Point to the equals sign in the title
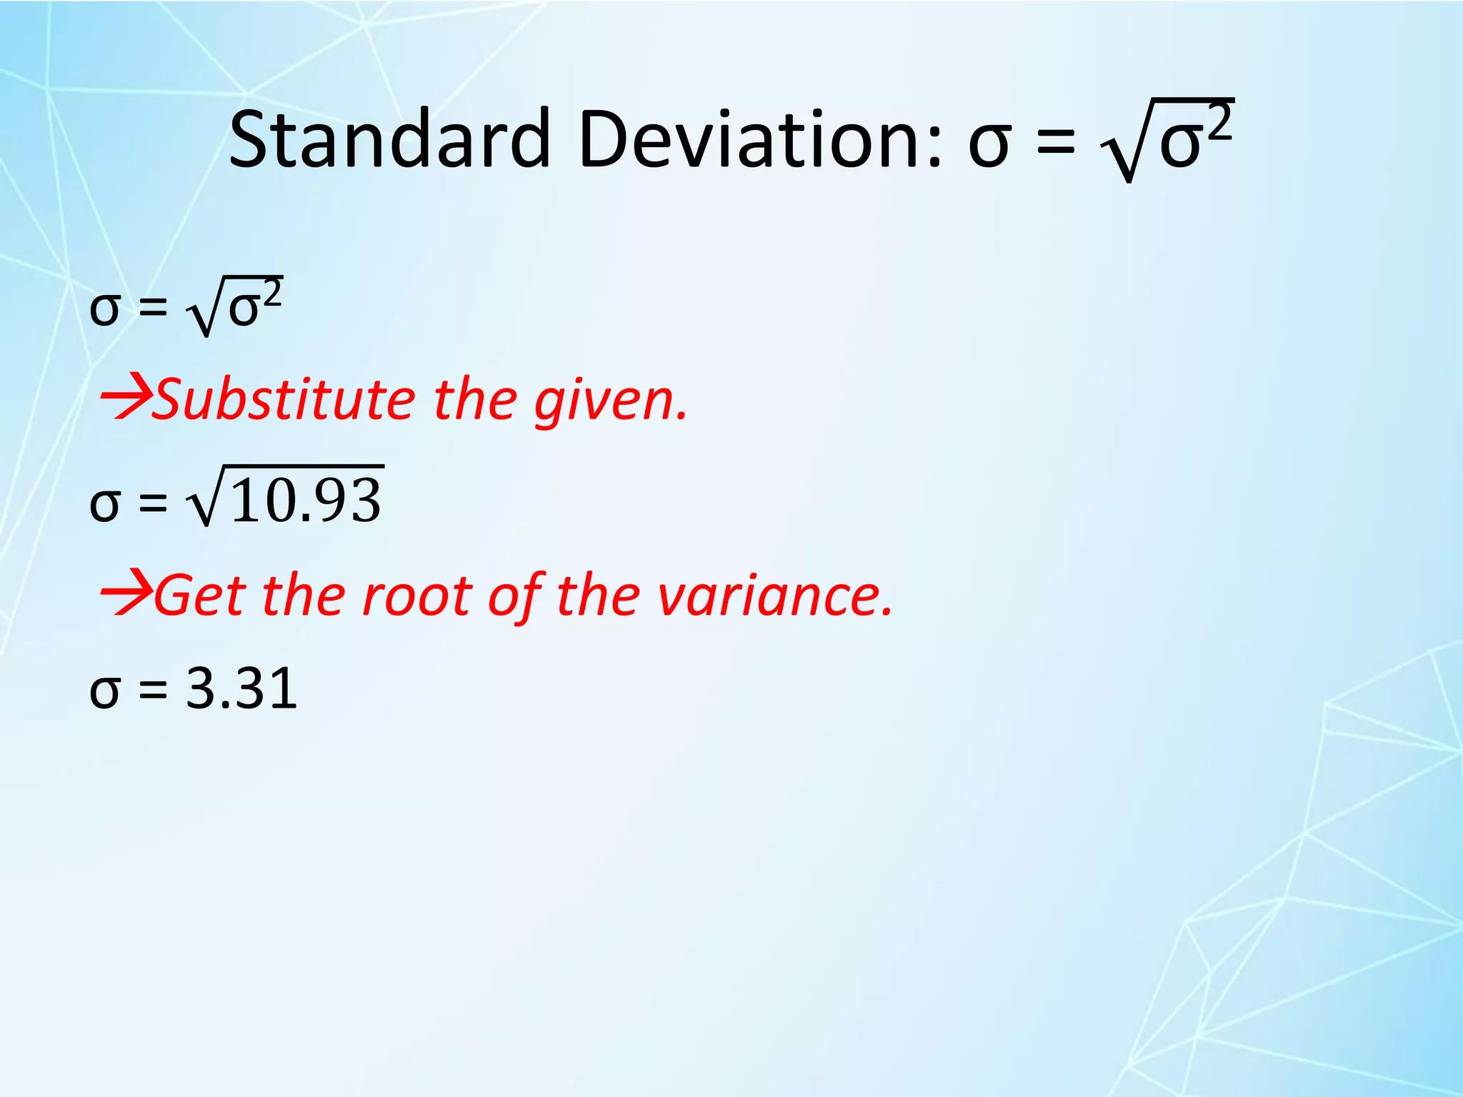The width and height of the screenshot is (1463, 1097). pyautogui.click(x=1055, y=141)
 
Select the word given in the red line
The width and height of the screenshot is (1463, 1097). pyautogui.click(x=611, y=402)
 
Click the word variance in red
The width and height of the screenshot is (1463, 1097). pyautogui.click(x=775, y=596)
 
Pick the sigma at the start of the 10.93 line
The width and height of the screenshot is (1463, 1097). pyautogui.click(x=104, y=504)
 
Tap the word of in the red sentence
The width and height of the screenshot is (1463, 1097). pyautogui.click(x=514, y=596)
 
